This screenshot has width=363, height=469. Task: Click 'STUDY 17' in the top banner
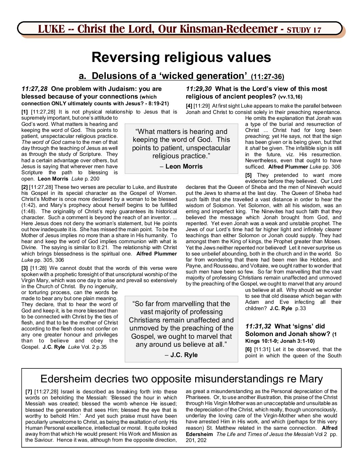pyautogui.click(x=304, y=30)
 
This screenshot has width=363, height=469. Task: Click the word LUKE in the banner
pyautogui.click(x=51, y=29)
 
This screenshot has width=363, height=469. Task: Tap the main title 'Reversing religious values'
pyautogui.click(x=181, y=57)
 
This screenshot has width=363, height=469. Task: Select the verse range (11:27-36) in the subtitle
pyautogui.click(x=267, y=77)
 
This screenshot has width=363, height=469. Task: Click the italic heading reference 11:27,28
pyautogui.click(x=34, y=89)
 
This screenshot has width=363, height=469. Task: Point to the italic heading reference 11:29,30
pyautogui.click(x=199, y=89)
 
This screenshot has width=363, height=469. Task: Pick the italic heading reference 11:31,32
pyautogui.click(x=258, y=326)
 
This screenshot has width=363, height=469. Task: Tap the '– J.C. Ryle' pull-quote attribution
pyautogui.click(x=181, y=355)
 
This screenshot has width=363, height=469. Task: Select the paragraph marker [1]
pyautogui.click(x=24, y=112)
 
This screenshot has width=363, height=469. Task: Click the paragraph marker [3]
pyautogui.click(x=24, y=268)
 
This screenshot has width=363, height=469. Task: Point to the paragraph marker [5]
pyautogui.click(x=248, y=175)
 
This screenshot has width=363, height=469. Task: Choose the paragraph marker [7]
pyautogui.click(x=29, y=392)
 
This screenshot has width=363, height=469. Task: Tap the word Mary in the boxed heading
pyautogui.click(x=311, y=379)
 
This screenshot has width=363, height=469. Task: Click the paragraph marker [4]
pyautogui.click(x=189, y=106)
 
